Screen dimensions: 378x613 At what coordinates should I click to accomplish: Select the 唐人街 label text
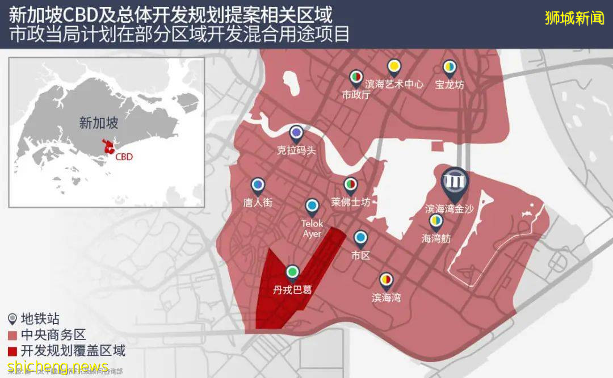(258, 202)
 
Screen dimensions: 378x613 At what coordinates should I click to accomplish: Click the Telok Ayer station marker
(312, 206)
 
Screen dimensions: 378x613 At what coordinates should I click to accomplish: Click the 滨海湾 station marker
(387, 279)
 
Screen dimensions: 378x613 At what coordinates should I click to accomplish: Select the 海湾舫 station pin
(436, 221)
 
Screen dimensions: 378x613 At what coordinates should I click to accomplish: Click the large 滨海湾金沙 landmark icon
(456, 180)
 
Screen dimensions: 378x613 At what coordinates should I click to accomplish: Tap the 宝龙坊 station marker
(450, 68)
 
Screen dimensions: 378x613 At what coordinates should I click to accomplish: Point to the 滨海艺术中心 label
(394, 85)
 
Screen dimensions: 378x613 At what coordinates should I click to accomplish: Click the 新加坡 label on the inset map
(99, 123)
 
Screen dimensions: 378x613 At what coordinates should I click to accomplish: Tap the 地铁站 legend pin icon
(12, 320)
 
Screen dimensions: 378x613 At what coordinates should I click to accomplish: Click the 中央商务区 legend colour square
(12, 335)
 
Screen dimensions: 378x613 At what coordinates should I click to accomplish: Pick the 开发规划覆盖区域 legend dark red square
(12, 351)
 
